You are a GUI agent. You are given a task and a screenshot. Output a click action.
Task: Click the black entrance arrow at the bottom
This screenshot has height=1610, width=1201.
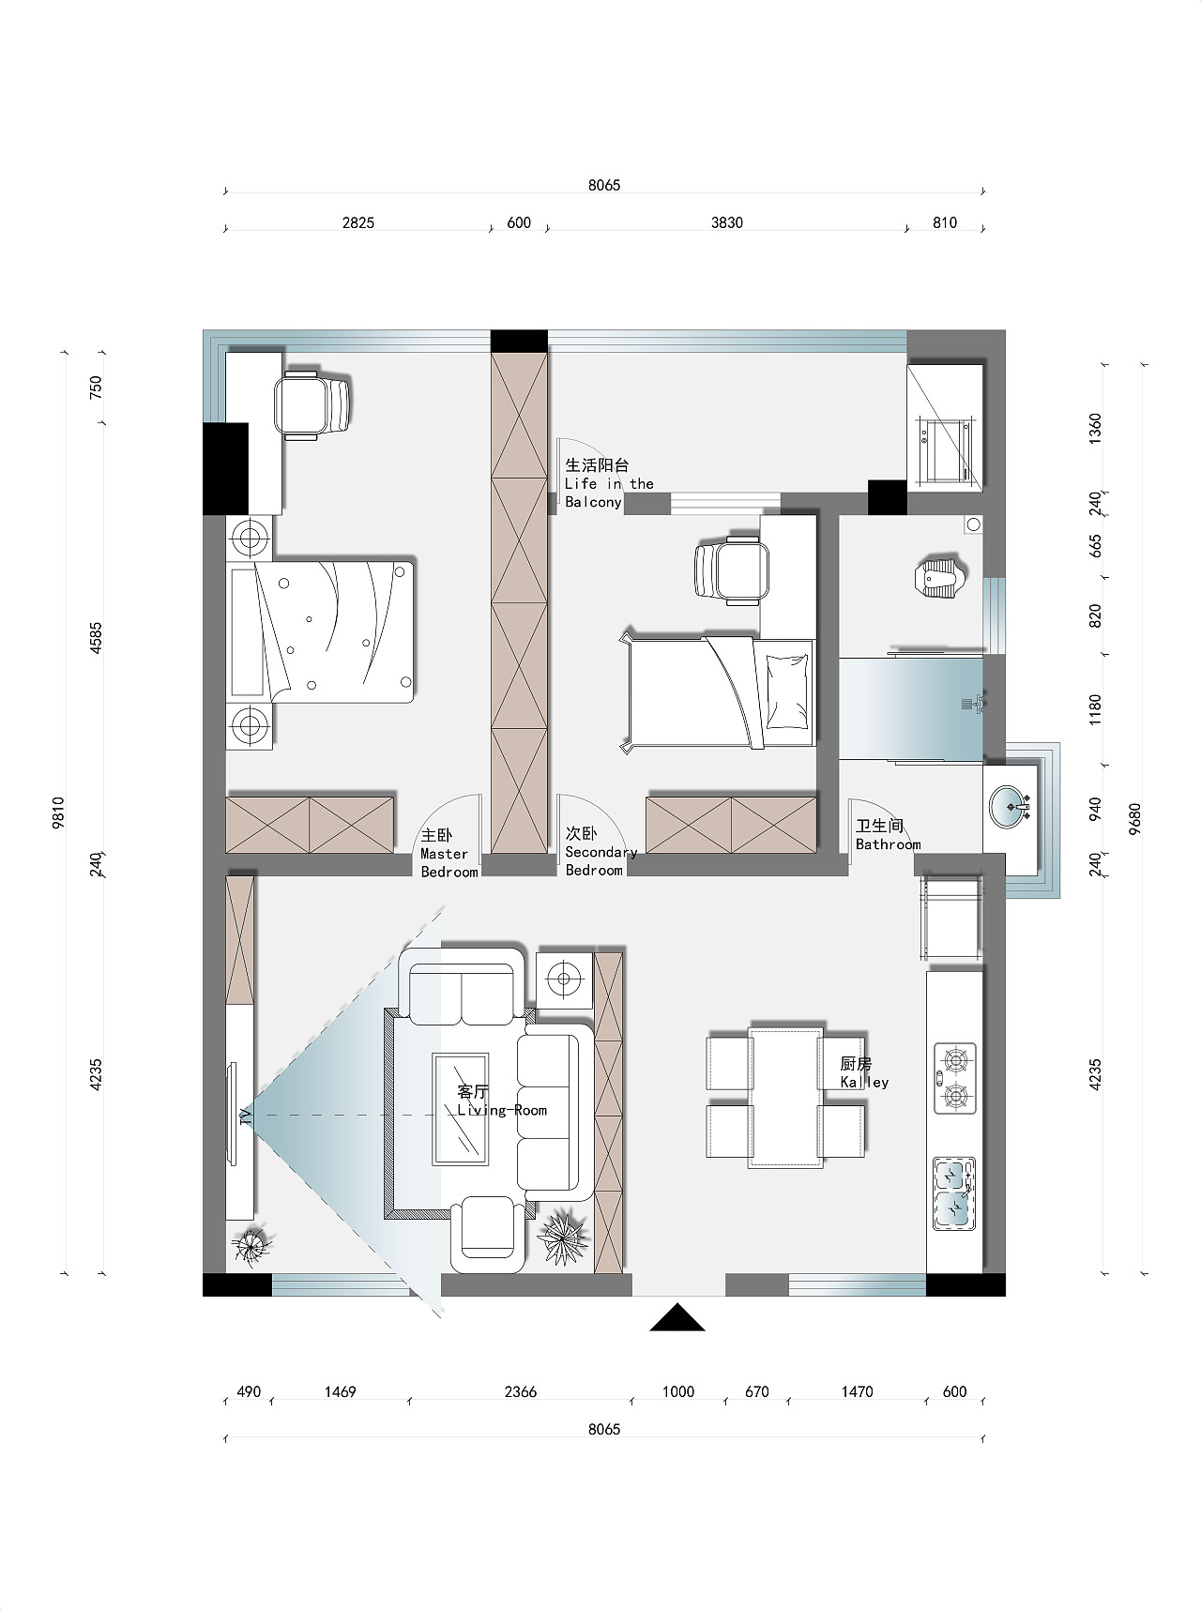pyautogui.click(x=677, y=1318)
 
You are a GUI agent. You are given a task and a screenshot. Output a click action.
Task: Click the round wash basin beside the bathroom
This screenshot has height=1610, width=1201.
pyautogui.click(x=1011, y=806)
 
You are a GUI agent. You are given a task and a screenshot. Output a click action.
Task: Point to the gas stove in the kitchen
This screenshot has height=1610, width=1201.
pyautogui.click(x=955, y=1078)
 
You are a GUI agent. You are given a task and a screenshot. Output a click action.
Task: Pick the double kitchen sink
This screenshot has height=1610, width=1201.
pyautogui.click(x=954, y=1193)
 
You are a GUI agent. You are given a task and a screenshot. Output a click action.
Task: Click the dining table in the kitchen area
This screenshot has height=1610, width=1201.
pyautogui.click(x=785, y=1098)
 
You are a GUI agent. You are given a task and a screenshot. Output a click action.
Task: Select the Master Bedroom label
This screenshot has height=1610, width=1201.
pyautogui.click(x=448, y=853)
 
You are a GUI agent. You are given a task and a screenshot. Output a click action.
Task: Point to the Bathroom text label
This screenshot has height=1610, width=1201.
pyautogui.click(x=888, y=844)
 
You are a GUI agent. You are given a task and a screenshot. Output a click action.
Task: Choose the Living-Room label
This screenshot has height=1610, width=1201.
pyautogui.click(x=502, y=1111)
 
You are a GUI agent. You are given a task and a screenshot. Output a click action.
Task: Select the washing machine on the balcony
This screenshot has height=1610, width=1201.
pyautogui.click(x=946, y=451)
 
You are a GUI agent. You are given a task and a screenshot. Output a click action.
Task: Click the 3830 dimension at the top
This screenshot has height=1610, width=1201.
pyautogui.click(x=726, y=223)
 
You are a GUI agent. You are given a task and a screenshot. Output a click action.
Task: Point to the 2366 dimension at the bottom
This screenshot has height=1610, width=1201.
pyautogui.click(x=520, y=1392)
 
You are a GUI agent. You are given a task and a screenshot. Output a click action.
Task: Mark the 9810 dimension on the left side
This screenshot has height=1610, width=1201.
pyautogui.click(x=58, y=813)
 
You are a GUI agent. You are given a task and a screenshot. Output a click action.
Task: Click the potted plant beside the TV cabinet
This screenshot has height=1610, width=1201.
pyautogui.click(x=251, y=1245)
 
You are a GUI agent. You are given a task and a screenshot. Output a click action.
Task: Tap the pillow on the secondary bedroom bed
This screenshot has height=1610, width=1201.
pyautogui.click(x=786, y=691)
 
